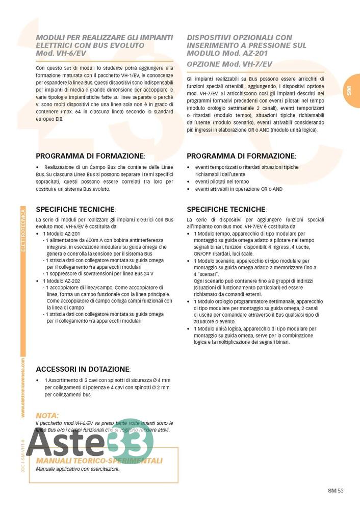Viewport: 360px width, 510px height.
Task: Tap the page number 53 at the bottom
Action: tap(341, 491)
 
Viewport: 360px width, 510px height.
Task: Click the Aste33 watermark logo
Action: tap(89, 440)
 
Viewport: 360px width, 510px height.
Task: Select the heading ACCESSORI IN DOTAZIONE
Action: tap(83, 369)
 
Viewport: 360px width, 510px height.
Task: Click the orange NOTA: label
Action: tap(47, 415)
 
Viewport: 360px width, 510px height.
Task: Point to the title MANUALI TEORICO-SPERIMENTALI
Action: tap(99, 461)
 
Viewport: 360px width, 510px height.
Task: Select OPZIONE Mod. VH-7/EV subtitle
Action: tap(229, 64)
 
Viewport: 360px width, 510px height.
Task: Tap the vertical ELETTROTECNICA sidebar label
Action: tap(22, 232)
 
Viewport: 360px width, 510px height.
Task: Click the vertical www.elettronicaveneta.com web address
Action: tap(23, 388)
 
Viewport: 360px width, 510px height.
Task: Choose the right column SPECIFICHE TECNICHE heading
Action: tap(226, 209)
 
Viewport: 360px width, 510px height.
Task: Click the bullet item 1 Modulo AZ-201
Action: tap(62, 234)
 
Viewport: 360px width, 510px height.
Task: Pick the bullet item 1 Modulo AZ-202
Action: tap(62, 281)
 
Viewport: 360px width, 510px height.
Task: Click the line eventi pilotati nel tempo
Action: tap(222, 182)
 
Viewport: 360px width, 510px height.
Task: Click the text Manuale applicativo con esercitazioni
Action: tap(78, 469)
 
